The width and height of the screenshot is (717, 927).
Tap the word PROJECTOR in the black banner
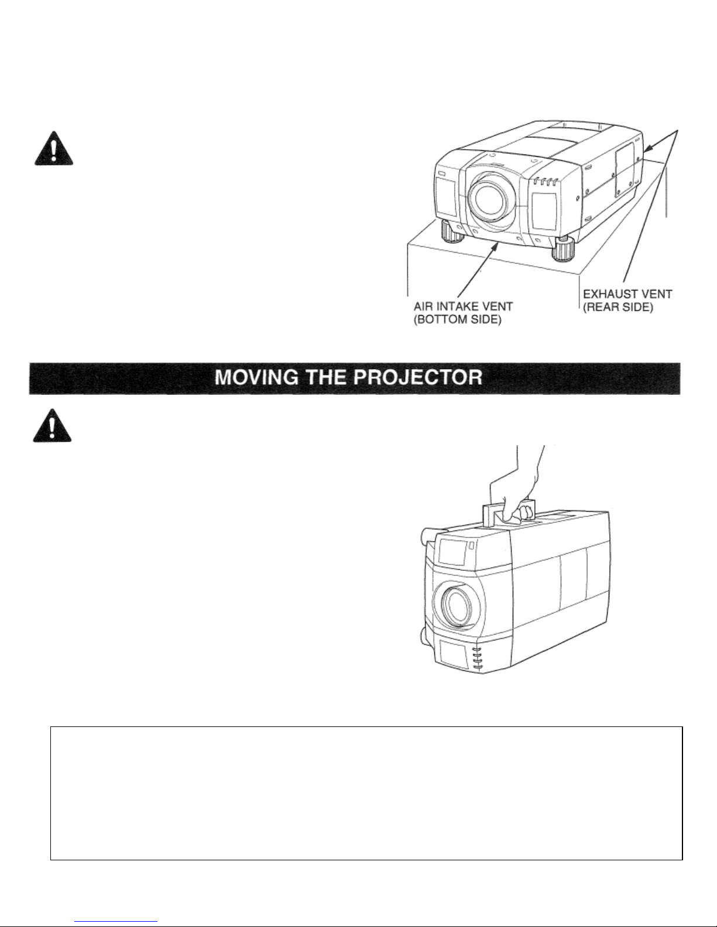(421, 378)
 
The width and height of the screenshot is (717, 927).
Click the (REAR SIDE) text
(619, 307)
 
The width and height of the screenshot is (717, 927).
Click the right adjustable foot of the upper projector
(565, 251)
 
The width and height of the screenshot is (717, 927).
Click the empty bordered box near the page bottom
(366, 792)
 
